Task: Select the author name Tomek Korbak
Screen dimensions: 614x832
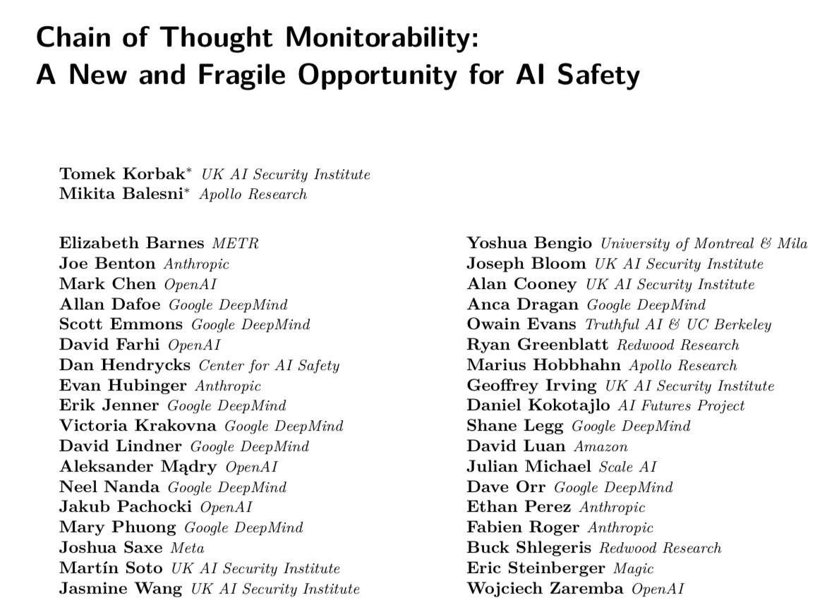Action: point(122,174)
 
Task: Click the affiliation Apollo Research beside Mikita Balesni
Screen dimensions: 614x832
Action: point(253,195)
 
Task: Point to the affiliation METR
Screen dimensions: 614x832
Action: point(235,244)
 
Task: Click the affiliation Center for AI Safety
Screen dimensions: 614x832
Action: point(269,365)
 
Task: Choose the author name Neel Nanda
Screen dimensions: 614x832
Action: point(109,487)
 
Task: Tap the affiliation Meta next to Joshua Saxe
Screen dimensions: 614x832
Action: point(187,548)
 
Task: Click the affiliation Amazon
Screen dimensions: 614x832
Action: point(601,446)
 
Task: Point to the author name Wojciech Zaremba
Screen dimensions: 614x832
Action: point(545,589)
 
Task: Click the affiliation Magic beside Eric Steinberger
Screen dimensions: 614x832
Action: point(634,568)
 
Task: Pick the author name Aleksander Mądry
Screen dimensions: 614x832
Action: point(138,467)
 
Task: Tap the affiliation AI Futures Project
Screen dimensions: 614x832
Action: point(681,406)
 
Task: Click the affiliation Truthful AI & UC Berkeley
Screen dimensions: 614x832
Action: point(678,325)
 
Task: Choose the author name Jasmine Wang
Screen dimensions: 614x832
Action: point(121,589)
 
